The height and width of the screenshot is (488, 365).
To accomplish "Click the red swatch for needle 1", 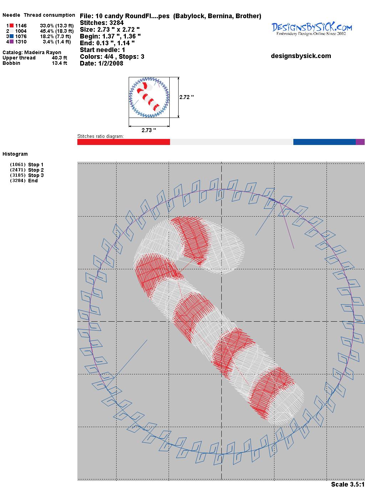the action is coord(11,26).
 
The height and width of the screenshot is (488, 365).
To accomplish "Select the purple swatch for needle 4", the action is coord(11,42).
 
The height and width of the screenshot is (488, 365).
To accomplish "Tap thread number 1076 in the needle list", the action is coord(21,36).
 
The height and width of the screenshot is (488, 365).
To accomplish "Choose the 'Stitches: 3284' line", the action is coord(102,23).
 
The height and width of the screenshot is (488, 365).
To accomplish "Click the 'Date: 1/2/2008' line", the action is coord(102,63).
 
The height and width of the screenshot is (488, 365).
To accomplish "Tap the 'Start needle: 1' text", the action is coord(102,50).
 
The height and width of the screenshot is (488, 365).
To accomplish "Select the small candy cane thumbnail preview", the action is coord(149,97).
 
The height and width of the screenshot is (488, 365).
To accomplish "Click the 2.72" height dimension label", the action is coord(186,97).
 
